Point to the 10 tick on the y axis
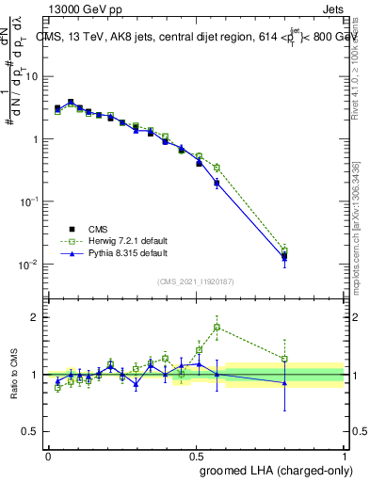tap(33, 77)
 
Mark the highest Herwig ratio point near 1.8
tap(217, 328)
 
